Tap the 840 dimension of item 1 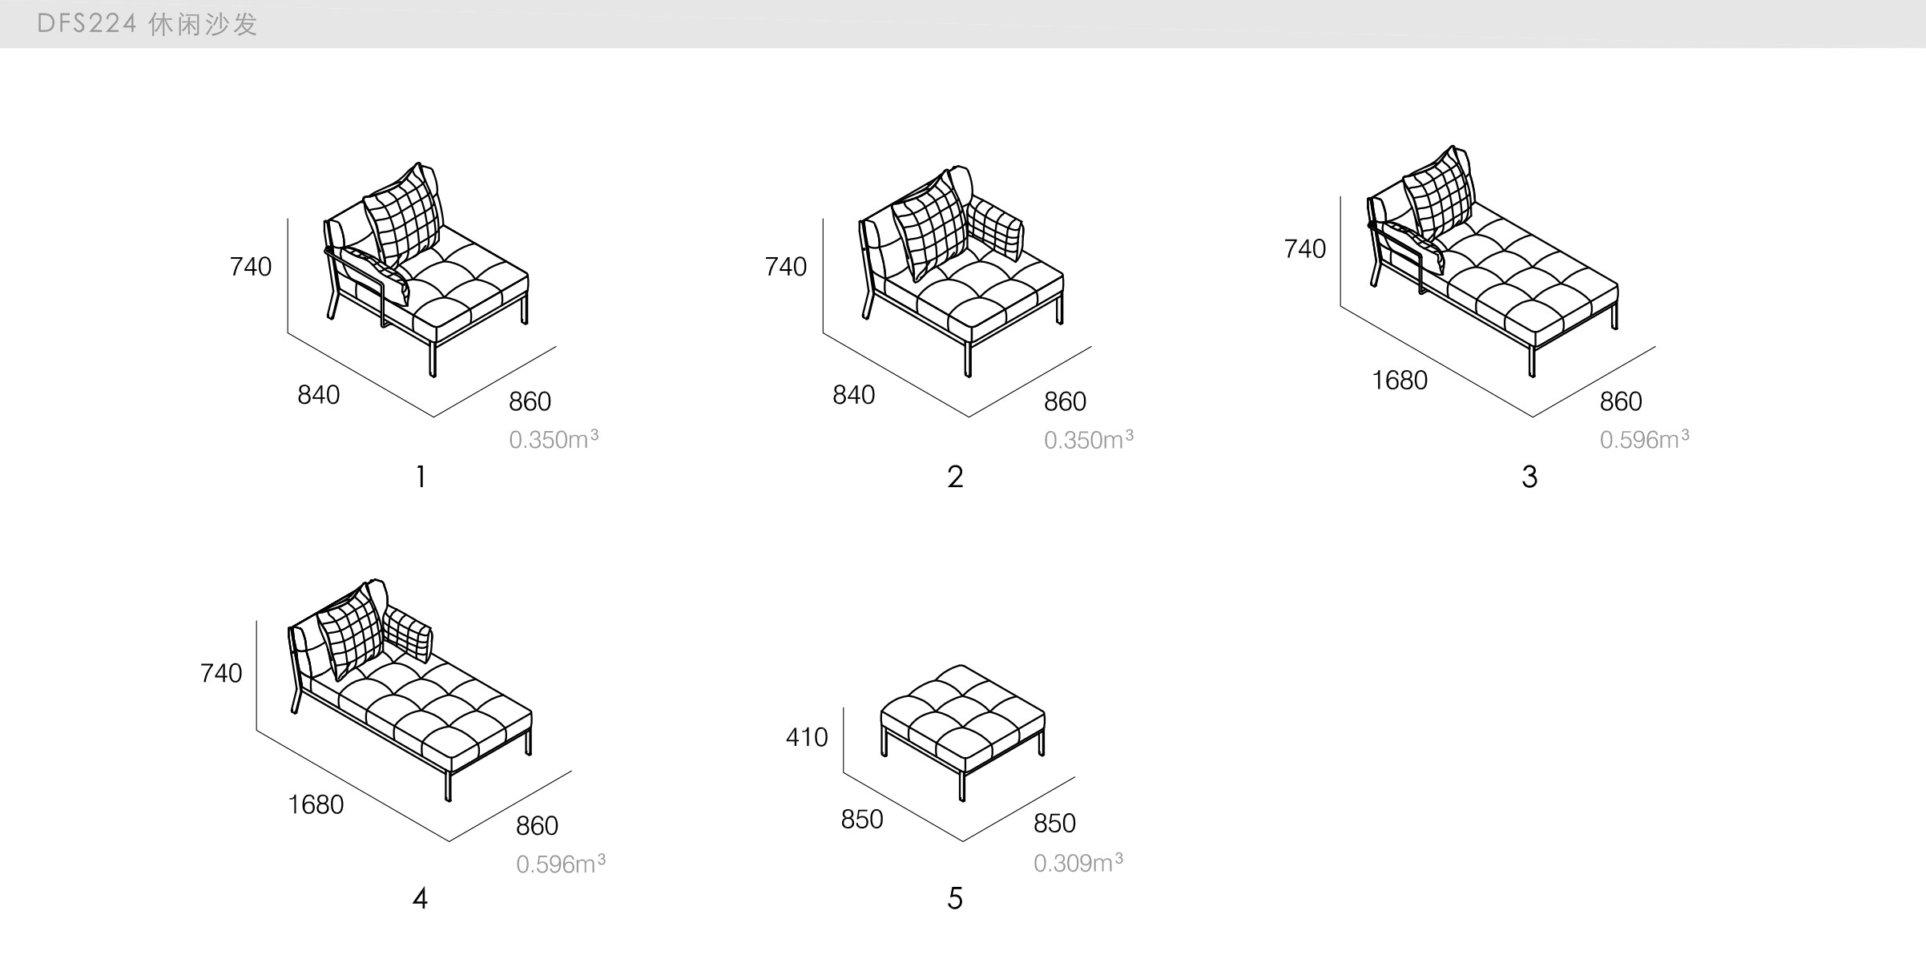coord(318,395)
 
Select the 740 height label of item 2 coord(785,267)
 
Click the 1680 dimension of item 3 coord(1399,380)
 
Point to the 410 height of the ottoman coord(806,737)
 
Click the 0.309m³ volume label coord(1077,863)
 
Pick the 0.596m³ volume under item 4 coord(560,864)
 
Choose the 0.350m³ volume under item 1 coord(553,440)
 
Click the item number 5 coord(954,899)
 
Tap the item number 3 coord(1529,477)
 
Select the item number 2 coord(954,477)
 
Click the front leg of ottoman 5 coord(961,784)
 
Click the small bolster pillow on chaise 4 coord(408,634)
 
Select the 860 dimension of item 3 coord(1620,401)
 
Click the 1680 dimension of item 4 coord(315,804)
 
